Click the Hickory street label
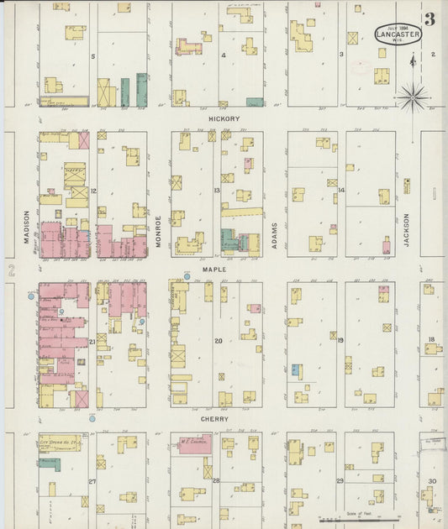coord(224,119)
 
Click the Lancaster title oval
coord(398,34)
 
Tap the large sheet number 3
coord(430,19)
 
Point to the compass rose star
coord(413,97)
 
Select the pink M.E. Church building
coord(194,444)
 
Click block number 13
coord(217,191)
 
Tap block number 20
coord(218,341)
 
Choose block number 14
coord(341,191)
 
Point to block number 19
coord(341,340)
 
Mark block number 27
coord(92,481)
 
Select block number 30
coord(431,480)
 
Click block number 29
coord(340,480)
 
